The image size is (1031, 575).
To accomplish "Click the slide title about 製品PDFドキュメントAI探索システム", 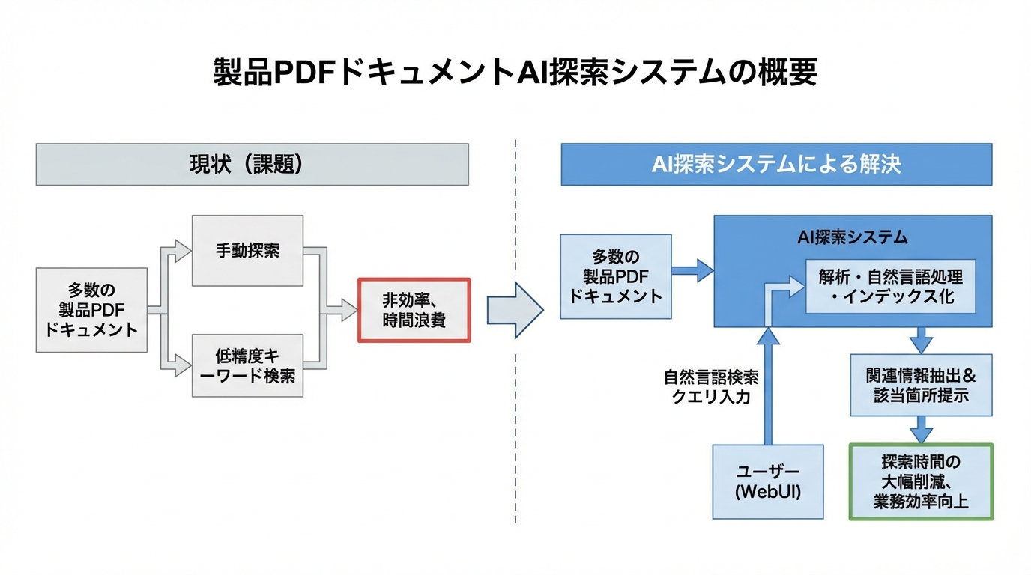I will pyautogui.click(x=515, y=73).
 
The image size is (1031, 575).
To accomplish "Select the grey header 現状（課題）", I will pyautogui.click(x=252, y=165).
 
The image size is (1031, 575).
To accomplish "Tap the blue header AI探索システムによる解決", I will pyautogui.click(x=776, y=165).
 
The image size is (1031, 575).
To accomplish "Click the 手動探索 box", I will pyautogui.click(x=247, y=251).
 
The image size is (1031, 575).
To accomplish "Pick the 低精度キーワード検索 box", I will pyautogui.click(x=247, y=366).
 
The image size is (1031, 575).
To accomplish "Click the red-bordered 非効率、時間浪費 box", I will pyautogui.click(x=414, y=310).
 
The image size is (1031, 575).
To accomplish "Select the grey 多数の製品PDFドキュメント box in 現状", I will pyautogui.click(x=91, y=310).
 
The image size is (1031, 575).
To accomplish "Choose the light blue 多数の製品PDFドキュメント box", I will pyautogui.click(x=616, y=276).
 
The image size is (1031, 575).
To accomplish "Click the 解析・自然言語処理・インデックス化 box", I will pyautogui.click(x=891, y=287).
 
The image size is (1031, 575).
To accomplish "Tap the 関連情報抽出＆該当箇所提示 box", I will pyautogui.click(x=921, y=386).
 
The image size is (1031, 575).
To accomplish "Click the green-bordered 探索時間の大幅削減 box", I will pyautogui.click(x=921, y=481).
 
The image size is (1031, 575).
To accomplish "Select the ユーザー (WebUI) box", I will pyautogui.click(x=768, y=482).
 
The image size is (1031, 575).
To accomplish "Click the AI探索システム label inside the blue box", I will pyautogui.click(x=852, y=237).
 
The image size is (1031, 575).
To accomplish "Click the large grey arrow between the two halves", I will pyautogui.click(x=515, y=310).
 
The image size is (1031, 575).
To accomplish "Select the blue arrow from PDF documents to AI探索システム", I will pyautogui.click(x=692, y=270).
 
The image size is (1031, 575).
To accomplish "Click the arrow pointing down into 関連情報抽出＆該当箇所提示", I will pyautogui.click(x=921, y=341).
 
